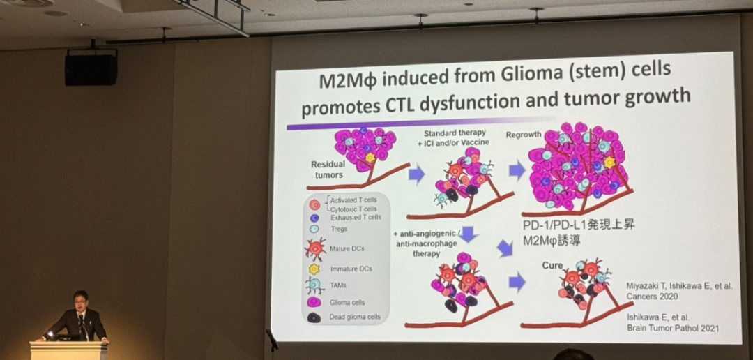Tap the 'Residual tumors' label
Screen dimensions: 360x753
point(328,170)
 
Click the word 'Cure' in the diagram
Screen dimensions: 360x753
point(552,265)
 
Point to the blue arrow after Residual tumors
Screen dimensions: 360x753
point(416,174)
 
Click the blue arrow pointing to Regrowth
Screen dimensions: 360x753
point(517,170)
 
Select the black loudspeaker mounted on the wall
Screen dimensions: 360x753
point(91,70)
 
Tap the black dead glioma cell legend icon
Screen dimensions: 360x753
point(314,317)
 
